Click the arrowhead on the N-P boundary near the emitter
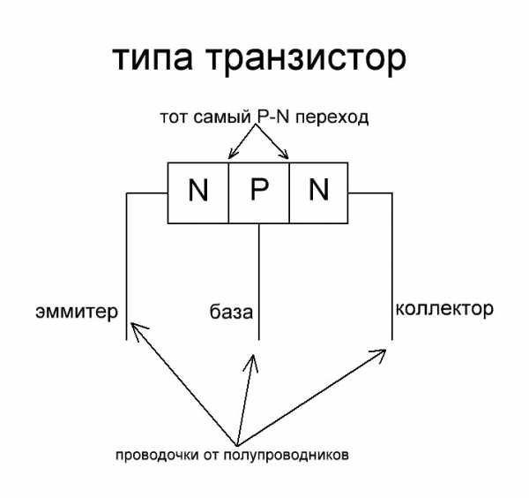(230, 156)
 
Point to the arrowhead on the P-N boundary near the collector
(287, 156)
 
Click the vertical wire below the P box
(258, 283)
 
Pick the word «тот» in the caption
(174, 117)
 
